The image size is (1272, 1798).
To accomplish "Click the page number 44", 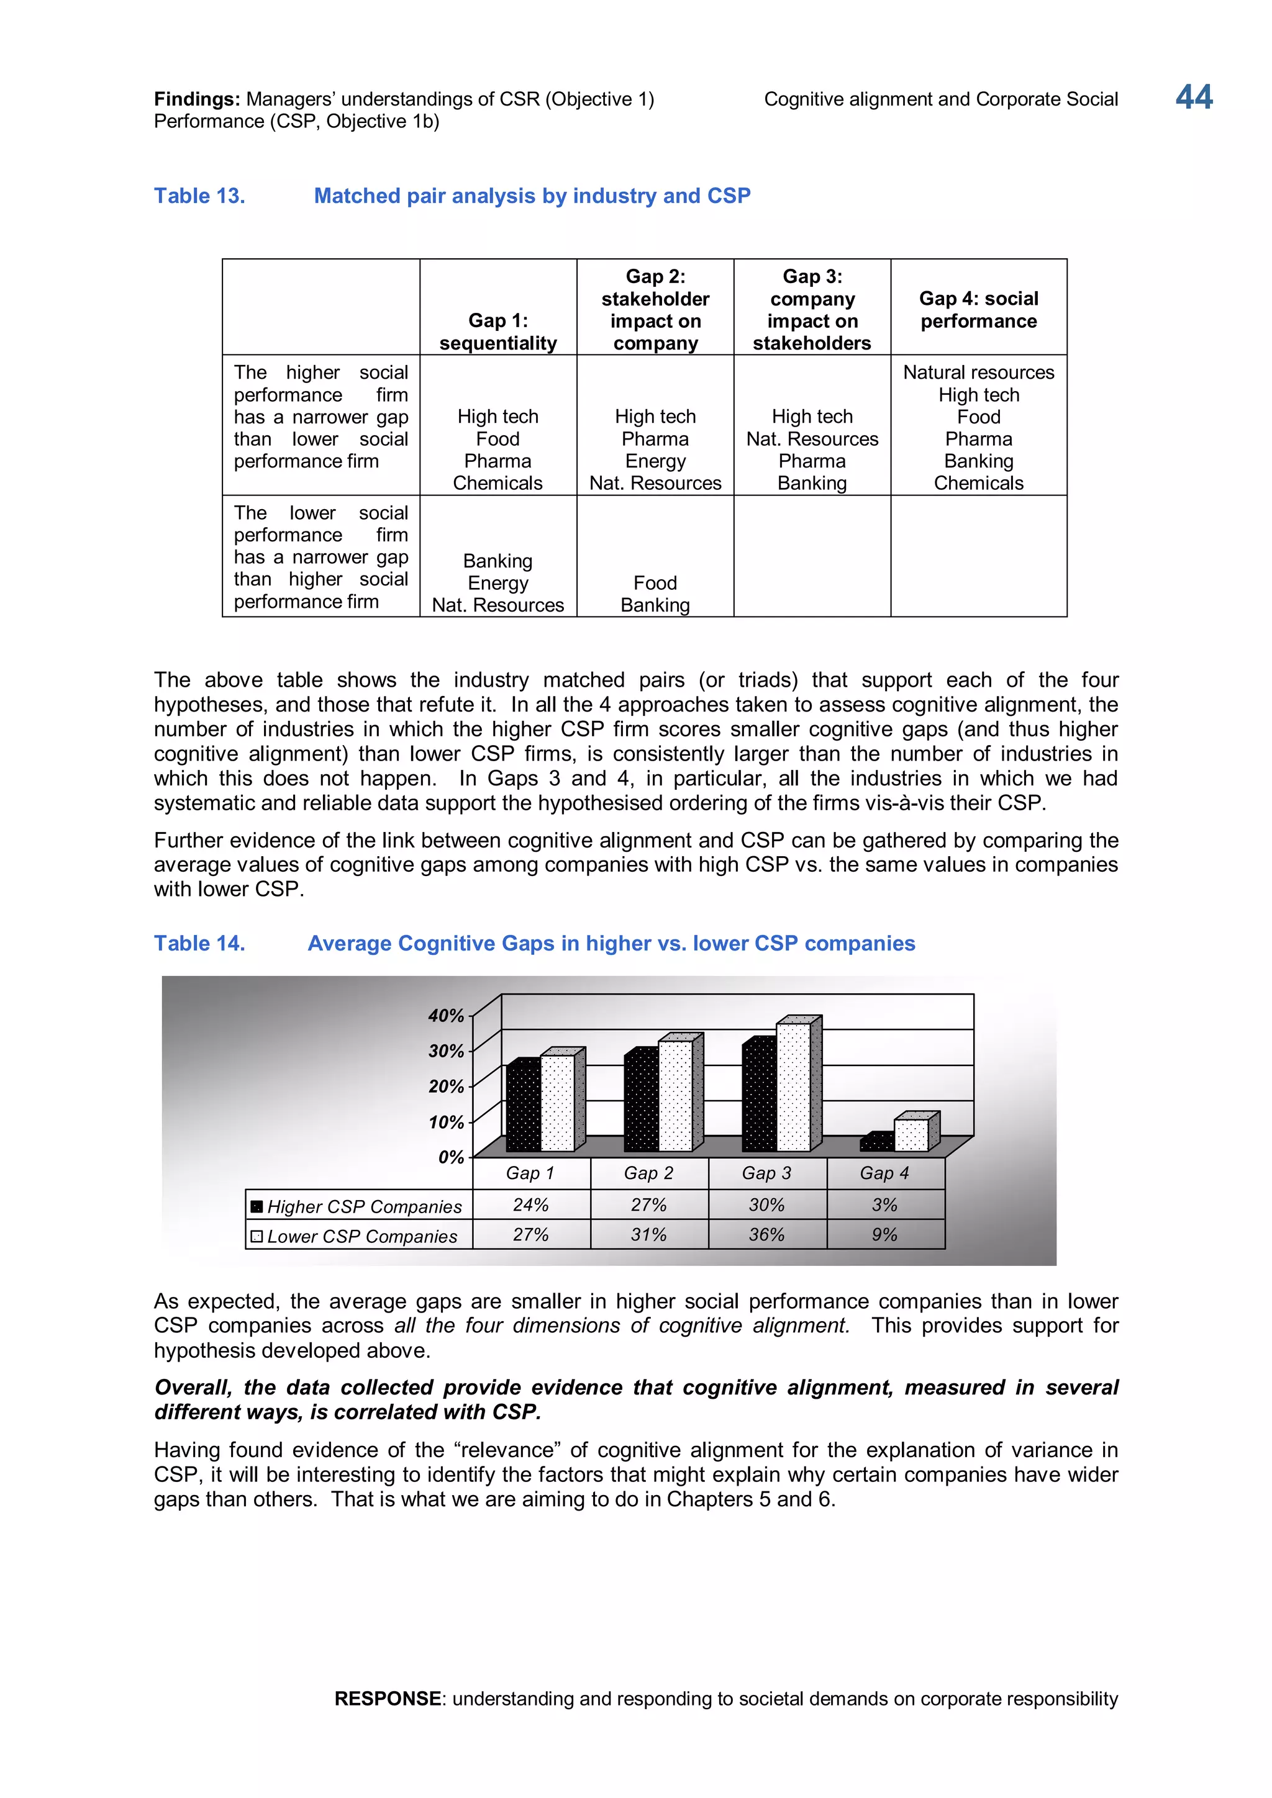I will [x=1193, y=98].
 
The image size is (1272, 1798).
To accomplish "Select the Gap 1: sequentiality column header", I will [x=497, y=332].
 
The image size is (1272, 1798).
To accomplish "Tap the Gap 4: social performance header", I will [x=978, y=309].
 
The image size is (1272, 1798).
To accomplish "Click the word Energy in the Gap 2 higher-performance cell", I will [x=655, y=461].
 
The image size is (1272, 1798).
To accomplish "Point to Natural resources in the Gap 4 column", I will [x=978, y=372].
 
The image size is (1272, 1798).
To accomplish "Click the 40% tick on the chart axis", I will [x=447, y=1016].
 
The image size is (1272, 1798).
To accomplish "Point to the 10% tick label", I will [x=447, y=1122].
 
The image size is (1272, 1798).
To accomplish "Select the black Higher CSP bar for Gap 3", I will [x=759, y=1096].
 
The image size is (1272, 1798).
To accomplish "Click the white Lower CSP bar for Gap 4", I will [x=911, y=1135].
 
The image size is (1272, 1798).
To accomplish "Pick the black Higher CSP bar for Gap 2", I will [x=642, y=1103].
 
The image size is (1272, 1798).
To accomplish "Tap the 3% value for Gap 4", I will [x=884, y=1205].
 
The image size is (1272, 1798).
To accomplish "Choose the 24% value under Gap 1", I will [x=530, y=1205].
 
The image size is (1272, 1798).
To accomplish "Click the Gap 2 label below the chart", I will [x=648, y=1173].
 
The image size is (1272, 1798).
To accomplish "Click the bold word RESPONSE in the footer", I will [x=388, y=1699].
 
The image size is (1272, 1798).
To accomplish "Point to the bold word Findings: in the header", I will [x=197, y=99].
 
